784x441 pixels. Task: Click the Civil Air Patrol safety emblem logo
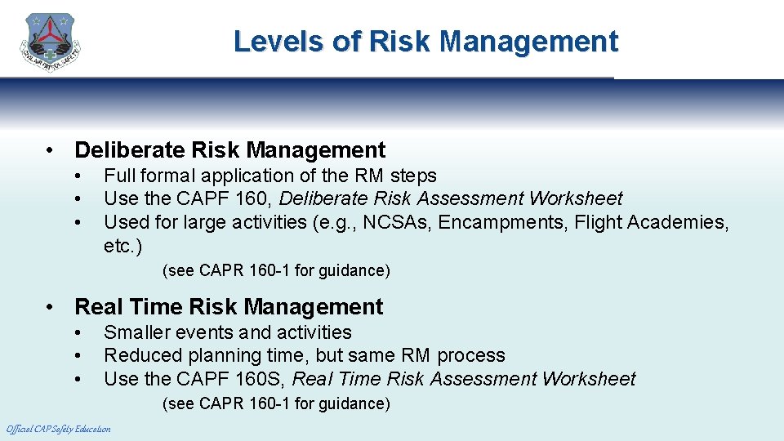[51, 42]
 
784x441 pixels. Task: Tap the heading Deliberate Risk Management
[229, 150]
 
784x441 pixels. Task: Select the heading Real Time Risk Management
[229, 307]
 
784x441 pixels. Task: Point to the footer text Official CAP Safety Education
[59, 429]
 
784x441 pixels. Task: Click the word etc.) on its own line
[123, 245]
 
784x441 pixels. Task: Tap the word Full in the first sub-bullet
[119, 176]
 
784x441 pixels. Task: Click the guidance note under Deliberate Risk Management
[276, 270]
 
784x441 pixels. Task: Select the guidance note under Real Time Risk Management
[276, 403]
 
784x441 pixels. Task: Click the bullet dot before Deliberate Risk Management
[51, 151]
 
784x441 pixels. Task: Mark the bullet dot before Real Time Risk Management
[51, 308]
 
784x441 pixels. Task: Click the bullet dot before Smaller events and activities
[77, 333]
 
